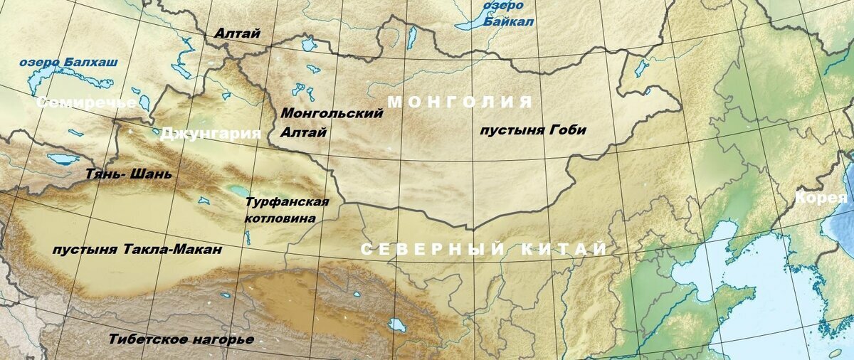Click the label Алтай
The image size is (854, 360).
point(238,33)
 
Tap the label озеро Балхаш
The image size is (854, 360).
point(68,62)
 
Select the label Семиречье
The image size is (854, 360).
point(86,102)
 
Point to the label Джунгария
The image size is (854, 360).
point(211,133)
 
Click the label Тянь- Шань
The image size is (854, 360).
point(128,174)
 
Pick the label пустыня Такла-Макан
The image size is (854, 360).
point(137,250)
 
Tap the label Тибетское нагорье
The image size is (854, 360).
point(181,339)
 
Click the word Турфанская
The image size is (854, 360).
point(287,202)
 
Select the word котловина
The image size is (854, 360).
point(280,218)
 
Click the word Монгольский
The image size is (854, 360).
point(332,114)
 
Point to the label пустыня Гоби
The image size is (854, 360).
point(533,130)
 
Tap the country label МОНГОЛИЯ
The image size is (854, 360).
point(460,102)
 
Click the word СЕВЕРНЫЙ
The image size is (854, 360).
point(433,250)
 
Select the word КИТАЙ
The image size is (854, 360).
point(566,250)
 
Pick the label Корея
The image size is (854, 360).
point(822,197)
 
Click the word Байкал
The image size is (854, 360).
point(510,22)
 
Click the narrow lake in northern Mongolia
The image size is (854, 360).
point(411,37)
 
